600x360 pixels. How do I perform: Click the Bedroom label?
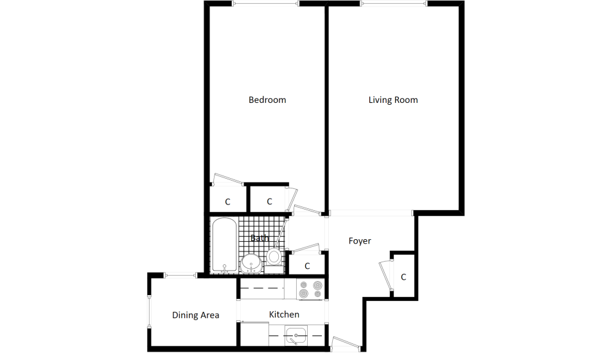click(x=267, y=100)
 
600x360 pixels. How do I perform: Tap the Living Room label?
click(x=393, y=100)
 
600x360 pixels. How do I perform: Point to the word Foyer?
click(x=360, y=241)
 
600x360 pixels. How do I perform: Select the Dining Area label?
click(x=195, y=315)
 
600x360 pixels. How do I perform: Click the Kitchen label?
click(x=284, y=314)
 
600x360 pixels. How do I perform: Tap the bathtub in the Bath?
click(x=224, y=245)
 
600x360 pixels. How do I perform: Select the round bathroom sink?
click(x=251, y=264)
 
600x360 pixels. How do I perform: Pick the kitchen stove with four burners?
click(x=310, y=289)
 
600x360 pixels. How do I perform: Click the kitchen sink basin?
click(x=296, y=336)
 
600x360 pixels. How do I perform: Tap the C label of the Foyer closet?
click(x=403, y=277)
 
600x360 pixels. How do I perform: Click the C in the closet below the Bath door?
click(x=307, y=265)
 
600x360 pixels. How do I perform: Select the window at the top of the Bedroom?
click(x=265, y=4)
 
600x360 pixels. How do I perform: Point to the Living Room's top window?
click(x=394, y=4)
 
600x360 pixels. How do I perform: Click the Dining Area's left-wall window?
click(x=149, y=311)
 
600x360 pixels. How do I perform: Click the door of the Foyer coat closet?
click(x=385, y=274)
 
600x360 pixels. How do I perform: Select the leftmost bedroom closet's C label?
click(x=227, y=202)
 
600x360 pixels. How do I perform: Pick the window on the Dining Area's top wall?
click(x=181, y=275)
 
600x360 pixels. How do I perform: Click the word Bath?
click(x=260, y=239)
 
